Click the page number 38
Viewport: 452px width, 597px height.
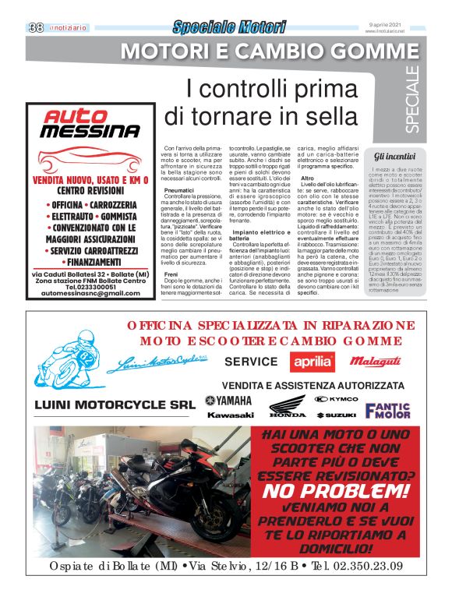tap(35, 27)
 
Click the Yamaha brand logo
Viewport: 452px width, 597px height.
tap(228, 401)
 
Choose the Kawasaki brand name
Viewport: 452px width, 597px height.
tap(230, 415)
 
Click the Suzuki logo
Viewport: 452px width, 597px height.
tap(336, 415)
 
